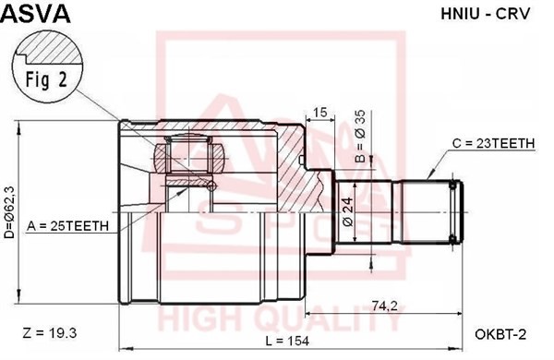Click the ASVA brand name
pos(33,13)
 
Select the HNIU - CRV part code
pos(487,15)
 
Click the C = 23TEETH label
pos(491,144)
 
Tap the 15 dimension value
pos(320,113)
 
